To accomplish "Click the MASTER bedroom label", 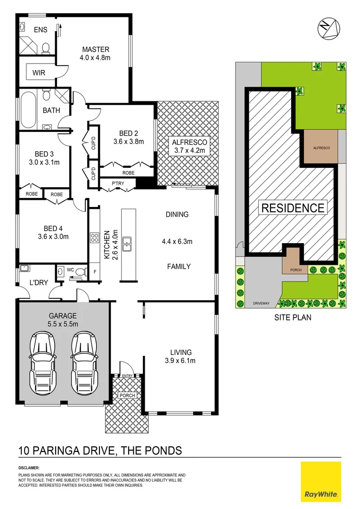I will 96,49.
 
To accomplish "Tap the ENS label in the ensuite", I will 41,29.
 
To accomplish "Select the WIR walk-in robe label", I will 39,73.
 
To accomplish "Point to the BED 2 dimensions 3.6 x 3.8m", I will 128,141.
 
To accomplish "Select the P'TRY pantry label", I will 117,184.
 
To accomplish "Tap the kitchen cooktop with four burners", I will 94,238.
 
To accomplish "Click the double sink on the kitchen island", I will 127,244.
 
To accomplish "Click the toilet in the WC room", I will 81,271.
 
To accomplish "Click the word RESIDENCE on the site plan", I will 293,208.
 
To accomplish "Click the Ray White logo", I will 320,481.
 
